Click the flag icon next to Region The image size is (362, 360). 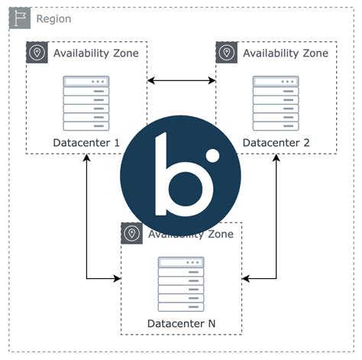coord(20,18)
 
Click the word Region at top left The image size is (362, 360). coord(53,18)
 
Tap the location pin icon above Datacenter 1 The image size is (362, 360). coord(37,53)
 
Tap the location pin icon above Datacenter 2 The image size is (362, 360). coord(226,53)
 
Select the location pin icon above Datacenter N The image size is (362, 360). coord(131,234)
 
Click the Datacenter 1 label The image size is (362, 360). coord(86,143)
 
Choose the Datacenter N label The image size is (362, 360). coord(181,323)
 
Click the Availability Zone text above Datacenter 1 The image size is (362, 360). coord(96,53)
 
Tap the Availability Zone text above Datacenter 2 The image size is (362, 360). coord(285,53)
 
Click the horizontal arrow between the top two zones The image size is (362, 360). coord(181,79)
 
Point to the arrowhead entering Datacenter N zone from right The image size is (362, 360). coord(247,278)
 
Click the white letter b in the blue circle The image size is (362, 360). coord(175,177)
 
